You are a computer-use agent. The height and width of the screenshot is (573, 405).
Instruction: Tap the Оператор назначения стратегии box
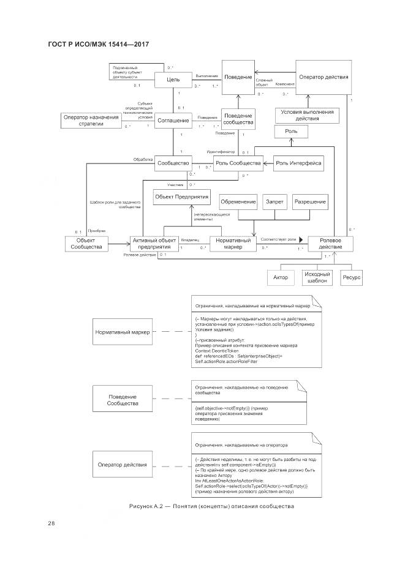coord(90,120)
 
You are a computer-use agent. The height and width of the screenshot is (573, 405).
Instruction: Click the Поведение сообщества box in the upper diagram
coord(238,119)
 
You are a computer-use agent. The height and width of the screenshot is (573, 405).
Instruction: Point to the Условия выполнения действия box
coord(307,115)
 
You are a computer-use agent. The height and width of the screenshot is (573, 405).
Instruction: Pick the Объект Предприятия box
coord(181,197)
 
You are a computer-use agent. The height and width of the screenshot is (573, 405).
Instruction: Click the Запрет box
coord(274,201)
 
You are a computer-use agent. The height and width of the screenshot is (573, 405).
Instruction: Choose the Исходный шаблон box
coord(317,277)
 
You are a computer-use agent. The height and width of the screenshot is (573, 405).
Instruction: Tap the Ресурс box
coord(352,277)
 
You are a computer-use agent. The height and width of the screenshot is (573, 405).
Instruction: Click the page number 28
coord(51,522)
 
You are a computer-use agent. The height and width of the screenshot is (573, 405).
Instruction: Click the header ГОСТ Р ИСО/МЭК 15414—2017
coord(99,44)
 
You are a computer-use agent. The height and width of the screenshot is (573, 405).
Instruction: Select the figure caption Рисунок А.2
coord(212,506)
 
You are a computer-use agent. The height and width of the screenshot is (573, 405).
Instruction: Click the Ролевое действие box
coord(330,243)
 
